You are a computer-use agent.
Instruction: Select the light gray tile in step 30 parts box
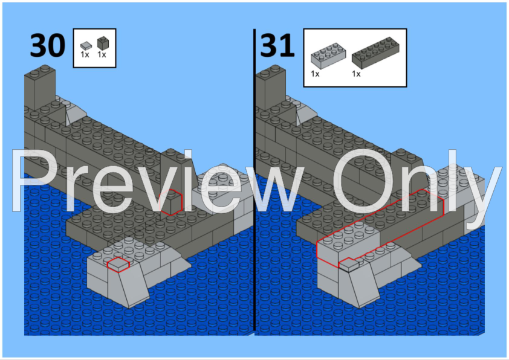(86, 44)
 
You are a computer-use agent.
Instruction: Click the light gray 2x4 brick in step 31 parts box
(326, 54)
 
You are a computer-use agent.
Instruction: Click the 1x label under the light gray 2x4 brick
(315, 74)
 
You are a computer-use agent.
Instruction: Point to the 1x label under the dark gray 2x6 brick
(356, 74)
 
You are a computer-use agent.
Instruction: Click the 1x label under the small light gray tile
(85, 54)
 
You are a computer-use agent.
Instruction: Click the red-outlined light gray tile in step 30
(118, 264)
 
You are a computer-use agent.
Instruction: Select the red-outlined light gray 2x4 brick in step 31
(339, 245)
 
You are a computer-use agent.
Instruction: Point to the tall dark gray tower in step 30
(39, 88)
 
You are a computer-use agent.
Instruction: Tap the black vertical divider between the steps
(254, 181)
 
